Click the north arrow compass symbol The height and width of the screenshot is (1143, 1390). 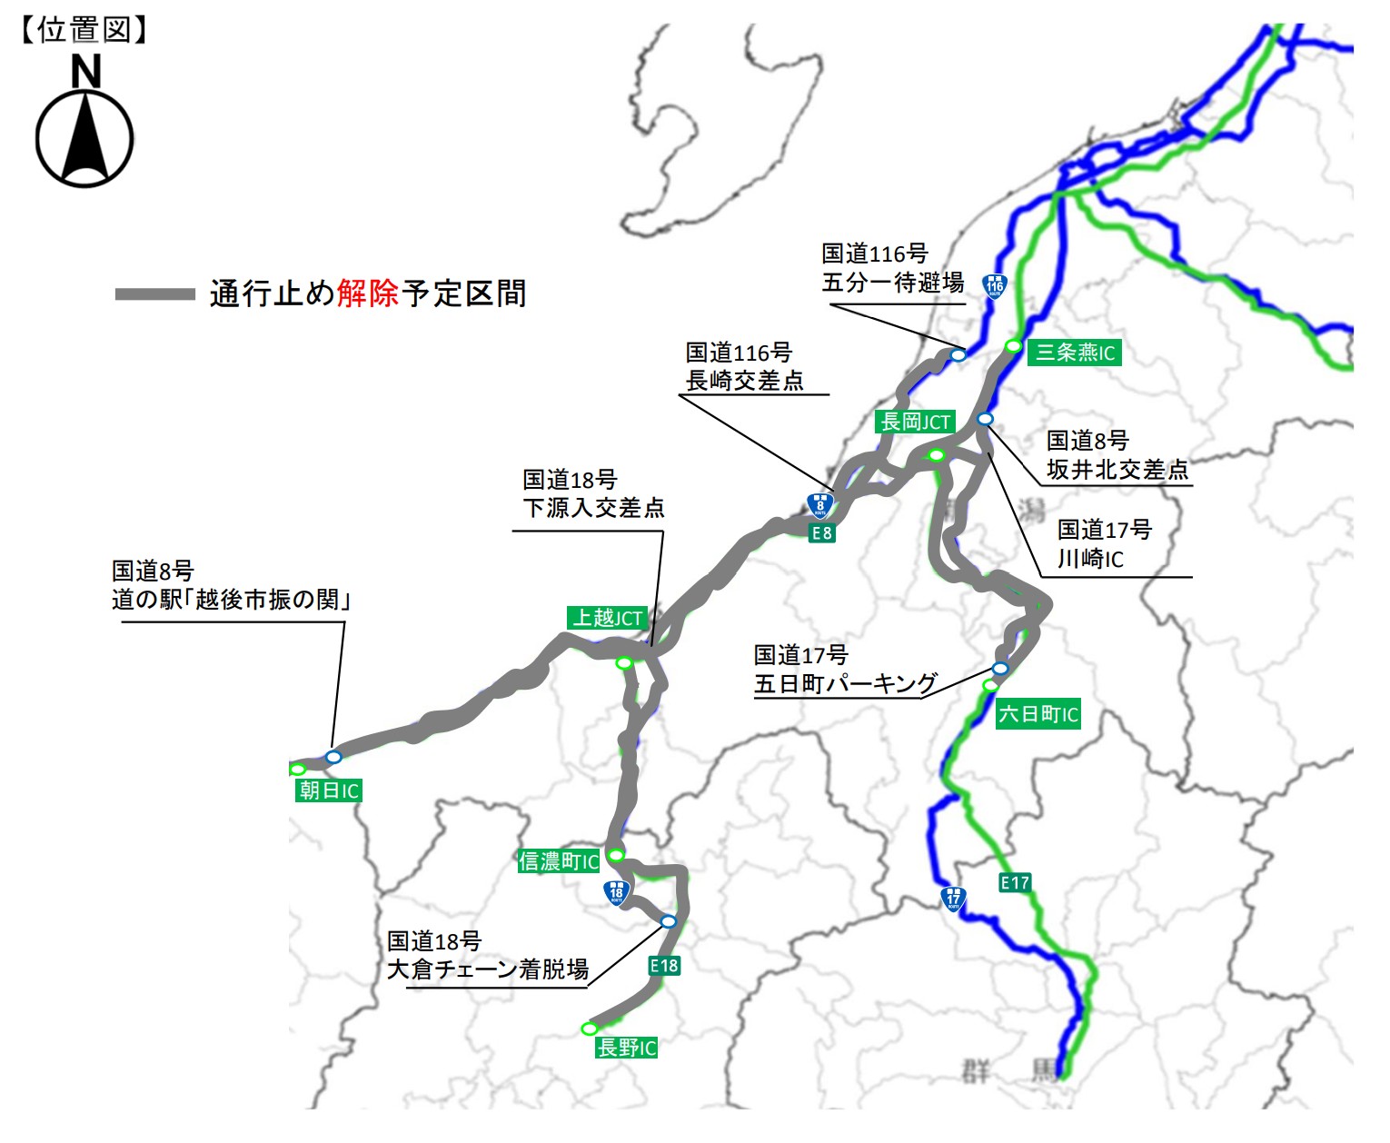pyautogui.click(x=84, y=132)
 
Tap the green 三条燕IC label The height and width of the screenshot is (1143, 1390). pyautogui.click(x=1075, y=353)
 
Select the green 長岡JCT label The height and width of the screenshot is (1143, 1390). pyautogui.click(x=915, y=422)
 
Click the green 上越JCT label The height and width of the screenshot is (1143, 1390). pyautogui.click(x=607, y=618)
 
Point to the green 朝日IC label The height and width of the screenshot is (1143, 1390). pyautogui.click(x=329, y=790)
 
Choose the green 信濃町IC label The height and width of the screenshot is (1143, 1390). pyautogui.click(x=559, y=860)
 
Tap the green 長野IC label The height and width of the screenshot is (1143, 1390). pyautogui.click(x=627, y=1048)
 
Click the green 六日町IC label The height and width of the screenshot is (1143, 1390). pyautogui.click(x=1038, y=714)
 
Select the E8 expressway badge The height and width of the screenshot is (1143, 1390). pyautogui.click(x=821, y=533)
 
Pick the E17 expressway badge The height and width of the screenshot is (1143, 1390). pyautogui.click(x=1015, y=882)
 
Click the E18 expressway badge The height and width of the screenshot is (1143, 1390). pyautogui.click(x=664, y=966)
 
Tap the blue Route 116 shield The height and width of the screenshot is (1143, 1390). pyautogui.click(x=995, y=286)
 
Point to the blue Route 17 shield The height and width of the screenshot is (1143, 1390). pyautogui.click(x=953, y=899)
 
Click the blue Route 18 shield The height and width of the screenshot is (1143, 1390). pyautogui.click(x=617, y=893)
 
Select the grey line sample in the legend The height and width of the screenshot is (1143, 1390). pyautogui.click(x=154, y=294)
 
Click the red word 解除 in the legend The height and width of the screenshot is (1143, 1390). pyautogui.click(x=368, y=293)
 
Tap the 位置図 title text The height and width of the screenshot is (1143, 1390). pyautogui.click(x=84, y=30)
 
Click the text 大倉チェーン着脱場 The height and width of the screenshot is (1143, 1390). pyautogui.click(x=488, y=969)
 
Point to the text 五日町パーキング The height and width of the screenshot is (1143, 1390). pyautogui.click(x=845, y=683)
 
